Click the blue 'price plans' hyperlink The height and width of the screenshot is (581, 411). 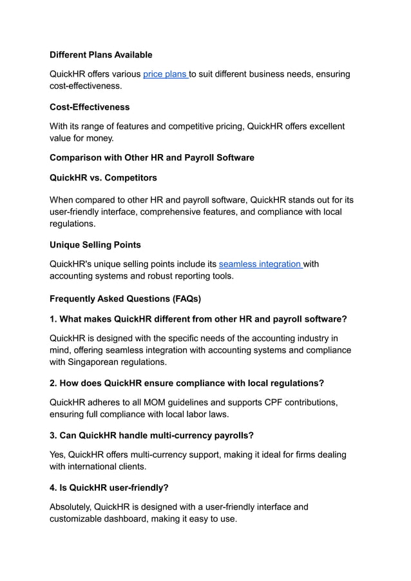(x=165, y=74)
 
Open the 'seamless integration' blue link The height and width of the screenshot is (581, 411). (x=260, y=264)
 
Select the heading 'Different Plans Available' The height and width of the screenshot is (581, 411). (x=101, y=55)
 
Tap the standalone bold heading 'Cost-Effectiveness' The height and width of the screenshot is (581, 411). (x=90, y=107)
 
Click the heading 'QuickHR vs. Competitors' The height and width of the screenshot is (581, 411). (x=103, y=177)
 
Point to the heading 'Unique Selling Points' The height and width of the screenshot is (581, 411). (x=95, y=245)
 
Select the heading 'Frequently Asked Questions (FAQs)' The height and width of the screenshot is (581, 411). (x=125, y=299)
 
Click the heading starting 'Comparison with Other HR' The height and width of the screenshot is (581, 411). (x=152, y=157)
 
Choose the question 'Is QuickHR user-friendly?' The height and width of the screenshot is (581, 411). (x=109, y=487)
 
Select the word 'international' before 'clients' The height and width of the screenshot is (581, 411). (x=100, y=466)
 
